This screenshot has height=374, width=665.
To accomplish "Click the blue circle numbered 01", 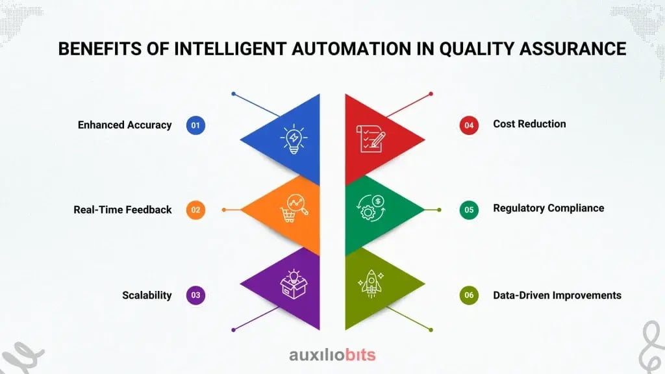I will click(x=195, y=125).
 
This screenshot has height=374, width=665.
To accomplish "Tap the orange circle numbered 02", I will click(x=195, y=210).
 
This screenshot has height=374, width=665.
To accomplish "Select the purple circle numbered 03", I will click(x=195, y=295).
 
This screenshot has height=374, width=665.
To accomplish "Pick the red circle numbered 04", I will click(x=469, y=125).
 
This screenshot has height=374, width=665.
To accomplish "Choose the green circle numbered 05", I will click(x=469, y=209).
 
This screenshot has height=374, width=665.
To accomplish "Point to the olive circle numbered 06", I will click(x=469, y=295).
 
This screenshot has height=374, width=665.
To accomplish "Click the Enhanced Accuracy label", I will click(x=125, y=125).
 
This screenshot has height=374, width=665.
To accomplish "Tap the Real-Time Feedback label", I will click(x=123, y=209).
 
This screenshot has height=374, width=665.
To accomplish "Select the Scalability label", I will click(x=147, y=295).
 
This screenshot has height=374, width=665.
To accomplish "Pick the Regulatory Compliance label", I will click(x=549, y=208).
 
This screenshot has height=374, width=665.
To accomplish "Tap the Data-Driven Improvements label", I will click(x=557, y=295).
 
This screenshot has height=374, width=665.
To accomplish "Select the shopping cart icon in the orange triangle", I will click(x=294, y=209).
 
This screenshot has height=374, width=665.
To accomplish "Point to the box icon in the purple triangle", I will click(x=292, y=284).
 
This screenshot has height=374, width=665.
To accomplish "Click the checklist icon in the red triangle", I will click(x=370, y=138).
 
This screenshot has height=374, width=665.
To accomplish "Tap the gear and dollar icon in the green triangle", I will click(x=370, y=209).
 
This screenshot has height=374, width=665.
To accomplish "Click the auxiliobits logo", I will click(x=332, y=355).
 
